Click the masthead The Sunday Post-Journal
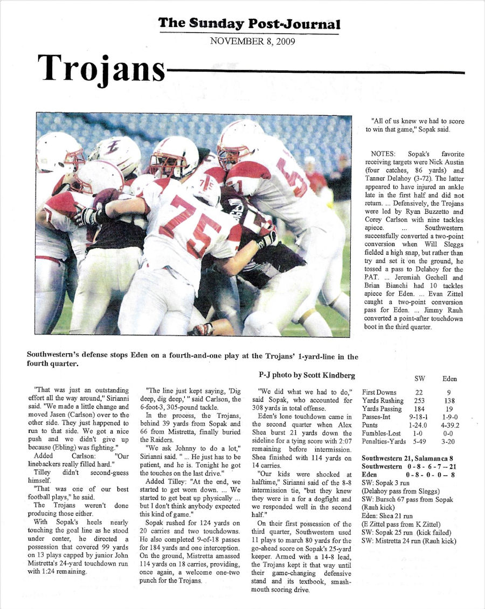pos(249,24)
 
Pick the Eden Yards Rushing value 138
pos(449,401)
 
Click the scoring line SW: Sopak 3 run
pos(386,482)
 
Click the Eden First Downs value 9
pos(449,393)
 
